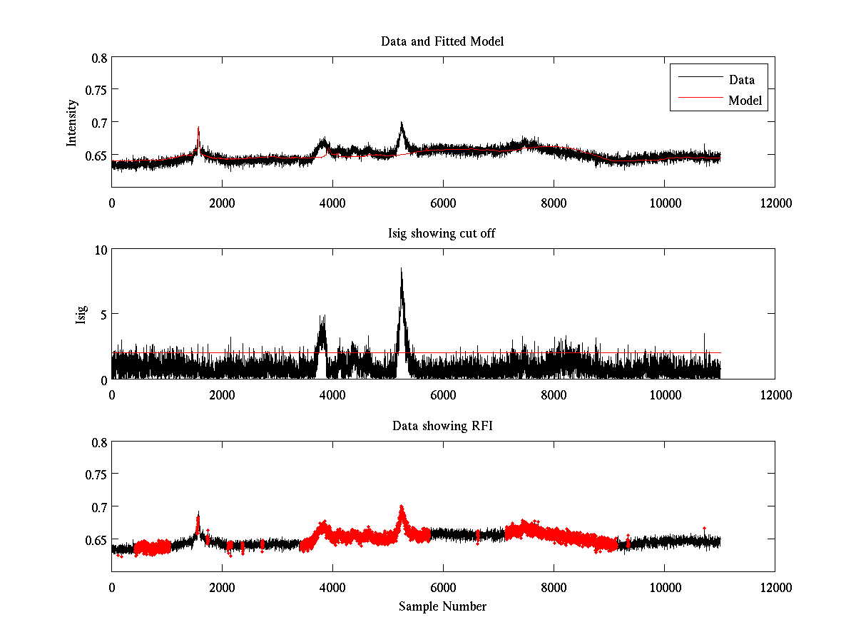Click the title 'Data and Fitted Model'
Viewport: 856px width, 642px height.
442,41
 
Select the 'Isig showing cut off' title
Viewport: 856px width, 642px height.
442,234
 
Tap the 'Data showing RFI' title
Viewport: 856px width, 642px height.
442,426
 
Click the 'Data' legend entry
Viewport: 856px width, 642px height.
741,79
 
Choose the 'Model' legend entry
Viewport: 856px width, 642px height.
745,101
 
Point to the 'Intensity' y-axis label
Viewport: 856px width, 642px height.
71,123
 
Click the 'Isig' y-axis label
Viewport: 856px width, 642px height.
81,315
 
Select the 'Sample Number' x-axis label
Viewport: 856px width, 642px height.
442,606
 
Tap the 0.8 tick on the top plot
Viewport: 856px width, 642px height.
98,57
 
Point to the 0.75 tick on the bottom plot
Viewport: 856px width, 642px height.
95,474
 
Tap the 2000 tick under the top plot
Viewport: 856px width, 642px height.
222,203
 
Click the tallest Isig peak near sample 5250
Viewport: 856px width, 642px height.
402,269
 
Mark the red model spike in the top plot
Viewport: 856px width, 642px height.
198,129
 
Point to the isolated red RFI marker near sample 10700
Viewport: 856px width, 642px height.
704,528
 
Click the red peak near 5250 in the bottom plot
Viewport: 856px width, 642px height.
402,508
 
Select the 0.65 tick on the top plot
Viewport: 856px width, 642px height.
95,155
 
